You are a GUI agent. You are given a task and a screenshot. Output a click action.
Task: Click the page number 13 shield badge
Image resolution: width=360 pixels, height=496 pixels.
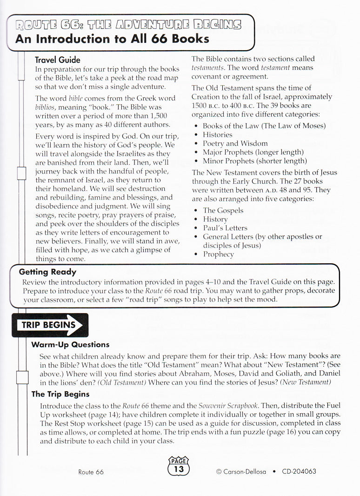pos(179,466)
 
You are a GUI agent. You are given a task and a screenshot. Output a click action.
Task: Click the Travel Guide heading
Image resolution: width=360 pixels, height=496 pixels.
pos(58,60)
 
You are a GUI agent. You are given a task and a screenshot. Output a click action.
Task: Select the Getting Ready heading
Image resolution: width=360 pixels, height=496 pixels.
pos(47,272)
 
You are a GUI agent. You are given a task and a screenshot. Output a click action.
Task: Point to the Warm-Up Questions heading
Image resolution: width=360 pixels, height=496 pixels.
pos(70,345)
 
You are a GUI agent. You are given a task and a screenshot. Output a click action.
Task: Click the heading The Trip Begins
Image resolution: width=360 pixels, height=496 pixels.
pos(60,394)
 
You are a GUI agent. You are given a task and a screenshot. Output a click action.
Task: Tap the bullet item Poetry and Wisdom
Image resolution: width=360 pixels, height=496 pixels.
pos(235,143)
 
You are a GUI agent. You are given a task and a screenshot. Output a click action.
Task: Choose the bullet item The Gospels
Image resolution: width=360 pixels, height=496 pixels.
pos(223,210)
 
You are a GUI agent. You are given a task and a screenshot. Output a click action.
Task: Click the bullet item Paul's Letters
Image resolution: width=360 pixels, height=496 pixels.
pos(225,228)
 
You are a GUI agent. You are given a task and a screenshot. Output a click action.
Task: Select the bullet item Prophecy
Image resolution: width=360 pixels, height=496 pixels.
pos(218,254)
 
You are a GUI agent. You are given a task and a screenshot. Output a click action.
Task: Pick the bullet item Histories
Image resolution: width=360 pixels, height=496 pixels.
pos(217,134)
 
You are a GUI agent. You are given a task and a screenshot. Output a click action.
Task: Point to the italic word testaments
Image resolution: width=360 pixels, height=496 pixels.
pos(208,67)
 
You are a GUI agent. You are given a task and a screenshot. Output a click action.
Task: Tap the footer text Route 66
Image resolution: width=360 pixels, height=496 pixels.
pos(91,472)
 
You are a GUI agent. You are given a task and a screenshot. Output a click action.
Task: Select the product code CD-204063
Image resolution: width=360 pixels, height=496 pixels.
pos(299,471)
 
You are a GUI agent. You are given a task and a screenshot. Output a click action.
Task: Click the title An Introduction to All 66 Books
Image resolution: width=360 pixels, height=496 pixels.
pos(112,39)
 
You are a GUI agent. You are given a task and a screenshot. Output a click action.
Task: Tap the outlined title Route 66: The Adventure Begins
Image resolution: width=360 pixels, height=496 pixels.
pos(128,24)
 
